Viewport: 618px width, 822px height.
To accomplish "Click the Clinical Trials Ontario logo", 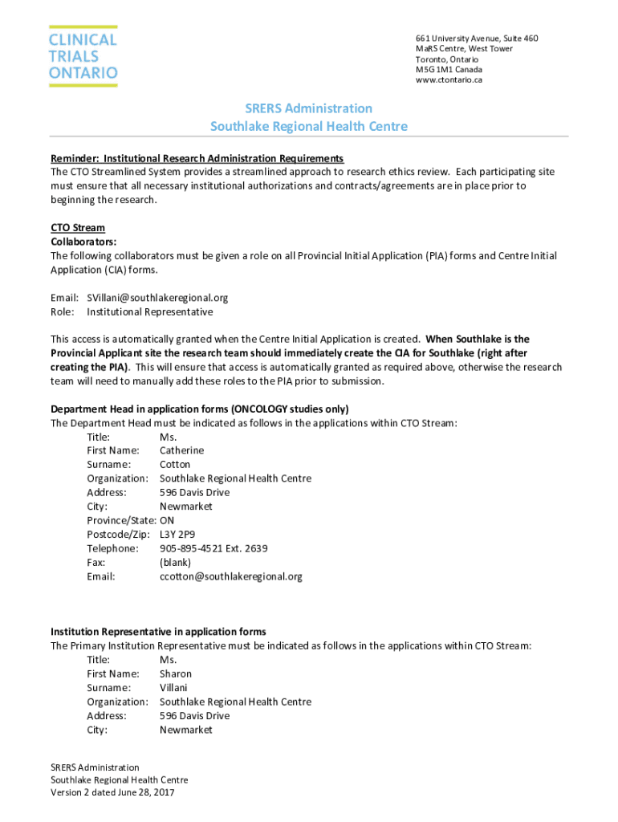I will click(83, 56).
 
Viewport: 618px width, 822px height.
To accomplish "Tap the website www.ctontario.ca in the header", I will click(449, 79).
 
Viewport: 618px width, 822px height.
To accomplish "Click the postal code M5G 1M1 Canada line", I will click(449, 69).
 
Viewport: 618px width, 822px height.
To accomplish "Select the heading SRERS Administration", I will click(309, 108).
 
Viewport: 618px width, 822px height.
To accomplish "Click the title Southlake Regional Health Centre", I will click(309, 126).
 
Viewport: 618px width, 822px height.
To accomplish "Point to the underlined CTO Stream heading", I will click(78, 227).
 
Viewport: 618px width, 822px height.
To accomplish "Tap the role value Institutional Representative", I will click(150, 311).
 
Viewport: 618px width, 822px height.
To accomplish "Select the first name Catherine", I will click(181, 450).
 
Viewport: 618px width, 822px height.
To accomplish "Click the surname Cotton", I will click(175, 464).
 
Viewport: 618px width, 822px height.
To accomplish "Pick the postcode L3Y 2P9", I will click(177, 534).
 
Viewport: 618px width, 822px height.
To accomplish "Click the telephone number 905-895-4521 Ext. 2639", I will click(213, 548).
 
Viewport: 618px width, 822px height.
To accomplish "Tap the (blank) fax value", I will click(175, 562).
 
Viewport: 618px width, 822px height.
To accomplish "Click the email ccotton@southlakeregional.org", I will click(231, 576).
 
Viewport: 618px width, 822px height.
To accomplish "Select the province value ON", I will click(167, 520).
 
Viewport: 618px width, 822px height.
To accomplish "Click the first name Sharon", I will click(176, 673).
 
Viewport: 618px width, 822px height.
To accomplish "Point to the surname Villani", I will click(173, 687).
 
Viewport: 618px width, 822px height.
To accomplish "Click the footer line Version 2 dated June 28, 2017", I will click(112, 792).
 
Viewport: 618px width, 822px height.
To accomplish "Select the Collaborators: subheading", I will click(84, 241).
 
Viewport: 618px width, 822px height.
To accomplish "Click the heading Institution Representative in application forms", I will click(158, 632).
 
